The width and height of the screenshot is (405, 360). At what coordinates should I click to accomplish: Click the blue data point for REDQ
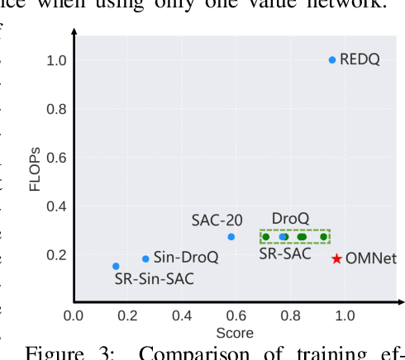(x=332, y=59)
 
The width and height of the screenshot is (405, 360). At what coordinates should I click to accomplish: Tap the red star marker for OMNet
(x=336, y=258)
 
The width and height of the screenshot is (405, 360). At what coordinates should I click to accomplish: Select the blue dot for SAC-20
(x=231, y=237)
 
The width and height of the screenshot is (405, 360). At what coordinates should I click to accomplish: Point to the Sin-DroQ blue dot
(x=146, y=258)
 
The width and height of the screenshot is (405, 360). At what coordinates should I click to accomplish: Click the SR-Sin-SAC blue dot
(x=116, y=266)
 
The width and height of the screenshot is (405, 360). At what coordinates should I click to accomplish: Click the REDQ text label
(x=361, y=59)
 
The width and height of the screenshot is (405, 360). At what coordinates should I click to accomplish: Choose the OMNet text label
(x=370, y=258)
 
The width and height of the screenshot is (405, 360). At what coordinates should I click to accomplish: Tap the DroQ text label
(x=289, y=218)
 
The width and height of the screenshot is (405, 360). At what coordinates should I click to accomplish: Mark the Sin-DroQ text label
(x=186, y=258)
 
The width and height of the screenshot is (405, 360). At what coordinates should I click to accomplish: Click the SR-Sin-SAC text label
(x=155, y=279)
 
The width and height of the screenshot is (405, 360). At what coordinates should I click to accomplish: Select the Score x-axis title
(x=234, y=333)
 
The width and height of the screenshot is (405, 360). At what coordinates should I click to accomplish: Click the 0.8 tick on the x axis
(x=289, y=315)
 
